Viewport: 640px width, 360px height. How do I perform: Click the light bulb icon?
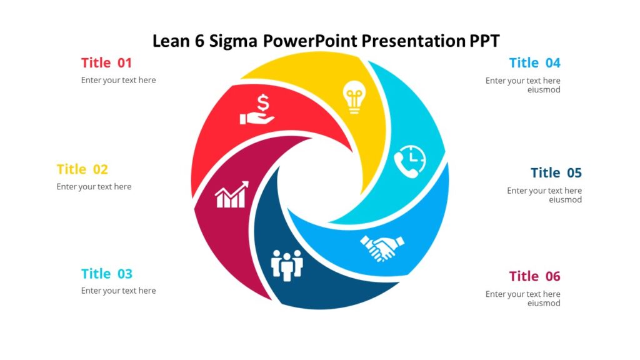(x=353, y=98)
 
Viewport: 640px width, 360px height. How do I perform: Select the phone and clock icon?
(x=410, y=159)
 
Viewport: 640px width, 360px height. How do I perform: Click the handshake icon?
(x=382, y=247)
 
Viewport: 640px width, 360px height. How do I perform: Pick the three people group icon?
(x=287, y=265)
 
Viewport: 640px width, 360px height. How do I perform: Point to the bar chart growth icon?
(x=231, y=195)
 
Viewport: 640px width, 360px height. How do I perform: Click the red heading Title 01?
(x=106, y=62)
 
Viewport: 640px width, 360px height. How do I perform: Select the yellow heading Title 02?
(x=82, y=169)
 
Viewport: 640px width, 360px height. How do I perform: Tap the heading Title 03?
(x=107, y=274)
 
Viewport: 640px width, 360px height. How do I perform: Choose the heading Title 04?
(x=534, y=62)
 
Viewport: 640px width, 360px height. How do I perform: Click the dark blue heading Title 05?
(x=556, y=172)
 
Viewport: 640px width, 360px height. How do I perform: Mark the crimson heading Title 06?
(x=534, y=276)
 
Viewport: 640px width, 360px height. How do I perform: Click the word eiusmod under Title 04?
(x=544, y=90)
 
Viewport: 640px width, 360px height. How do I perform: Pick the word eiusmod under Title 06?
(x=544, y=304)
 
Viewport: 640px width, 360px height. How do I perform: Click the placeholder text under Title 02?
(x=94, y=187)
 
